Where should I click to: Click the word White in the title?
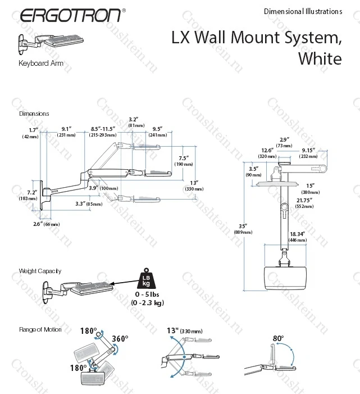[x=320, y=58]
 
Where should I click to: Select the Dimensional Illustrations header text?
[x=302, y=11]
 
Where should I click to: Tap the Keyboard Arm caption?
[x=41, y=64]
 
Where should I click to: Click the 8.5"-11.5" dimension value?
[x=103, y=129]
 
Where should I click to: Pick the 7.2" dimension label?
[x=32, y=192]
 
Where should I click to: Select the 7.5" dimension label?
[x=183, y=158]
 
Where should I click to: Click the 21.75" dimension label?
[x=304, y=200]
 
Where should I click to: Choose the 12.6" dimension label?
[x=267, y=150]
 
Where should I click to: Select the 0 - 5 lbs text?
[x=147, y=295]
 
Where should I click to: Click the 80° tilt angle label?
[x=278, y=338]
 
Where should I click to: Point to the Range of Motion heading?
[x=40, y=329]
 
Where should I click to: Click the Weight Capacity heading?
[x=40, y=271]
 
